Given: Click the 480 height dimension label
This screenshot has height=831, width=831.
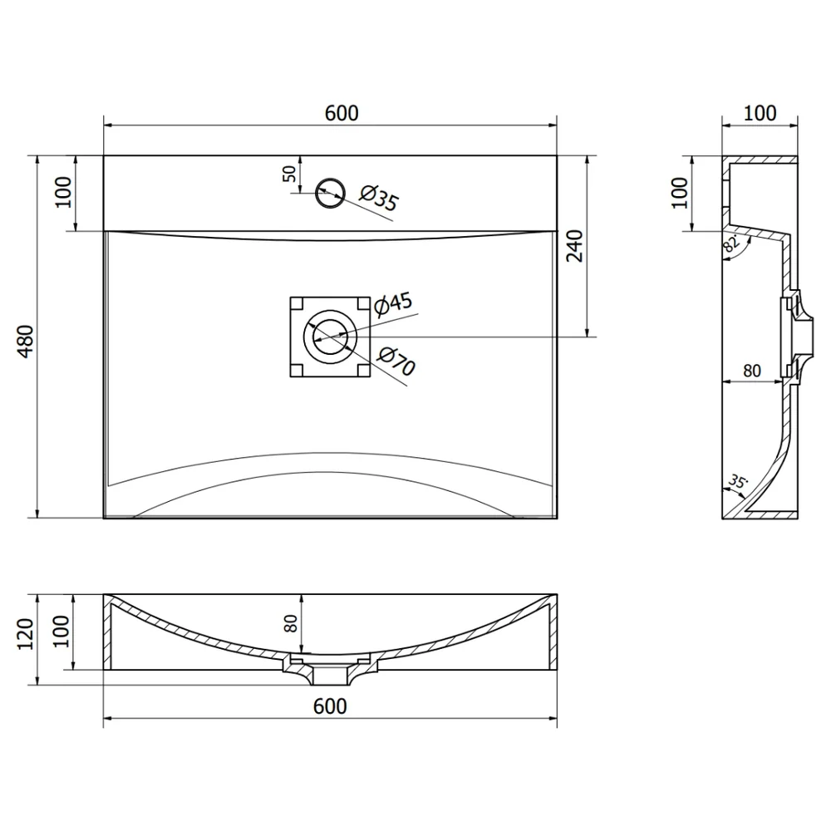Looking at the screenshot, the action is click(26, 341).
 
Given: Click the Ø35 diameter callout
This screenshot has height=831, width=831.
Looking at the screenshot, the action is click(379, 198).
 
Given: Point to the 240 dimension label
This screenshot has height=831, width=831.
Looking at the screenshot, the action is click(574, 246).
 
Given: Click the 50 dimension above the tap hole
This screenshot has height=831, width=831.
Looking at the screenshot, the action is click(289, 174).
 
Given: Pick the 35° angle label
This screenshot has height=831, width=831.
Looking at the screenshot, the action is click(737, 482).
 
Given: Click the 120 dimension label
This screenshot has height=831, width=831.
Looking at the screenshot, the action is click(26, 634).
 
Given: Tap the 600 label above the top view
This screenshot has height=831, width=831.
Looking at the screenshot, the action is click(342, 113).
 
